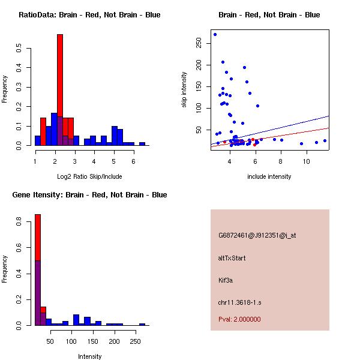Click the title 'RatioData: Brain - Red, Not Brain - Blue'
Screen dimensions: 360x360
[89, 15]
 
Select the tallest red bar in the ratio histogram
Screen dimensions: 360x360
[60, 90]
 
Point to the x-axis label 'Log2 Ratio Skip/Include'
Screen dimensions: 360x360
[89, 176]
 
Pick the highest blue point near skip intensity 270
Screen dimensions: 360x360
[215, 34]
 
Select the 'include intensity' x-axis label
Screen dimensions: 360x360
[269, 176]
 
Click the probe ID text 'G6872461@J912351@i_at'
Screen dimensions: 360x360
[257, 235]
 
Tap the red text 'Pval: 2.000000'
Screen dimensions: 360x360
[239, 319]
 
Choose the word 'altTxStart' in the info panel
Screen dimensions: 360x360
[232, 258]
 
